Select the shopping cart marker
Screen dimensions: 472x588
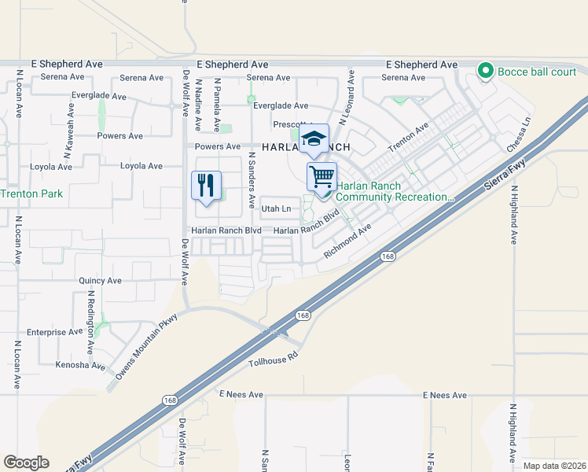pos(322,177)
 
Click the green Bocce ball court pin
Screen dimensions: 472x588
pos(486,72)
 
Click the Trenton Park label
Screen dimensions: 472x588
pos(31,194)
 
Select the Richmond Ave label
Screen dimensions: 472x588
pos(347,242)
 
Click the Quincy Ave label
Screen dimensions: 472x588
pos(100,280)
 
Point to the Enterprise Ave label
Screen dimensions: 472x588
pos(54,332)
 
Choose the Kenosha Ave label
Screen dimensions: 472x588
pos(80,366)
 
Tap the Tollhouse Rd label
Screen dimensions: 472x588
pos(274,360)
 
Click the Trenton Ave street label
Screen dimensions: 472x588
pos(408,138)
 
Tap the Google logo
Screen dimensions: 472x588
pos(26,463)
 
